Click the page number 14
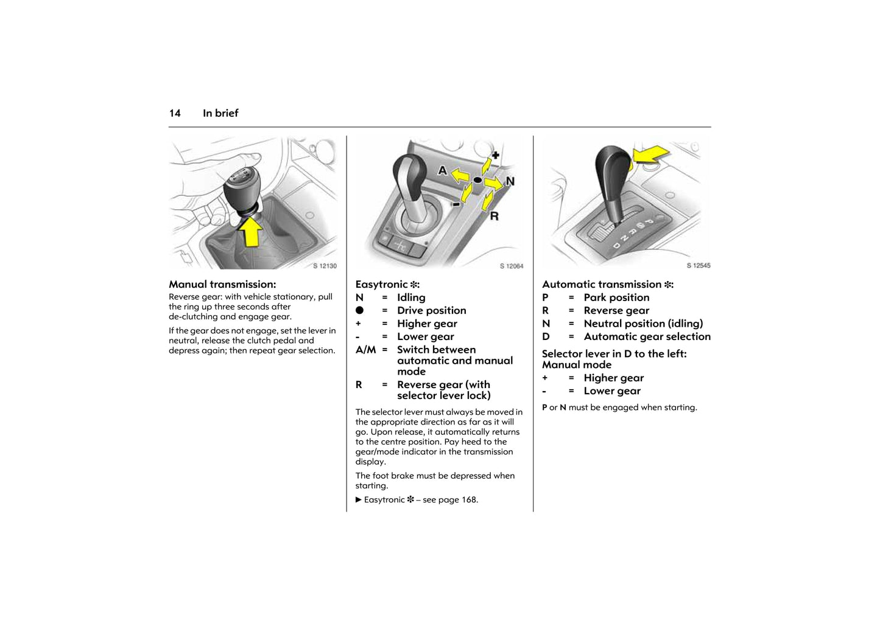[x=175, y=113]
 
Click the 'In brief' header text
[x=220, y=113]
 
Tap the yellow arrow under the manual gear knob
[x=251, y=232]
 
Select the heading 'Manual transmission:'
[x=222, y=284]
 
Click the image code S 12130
[x=325, y=266]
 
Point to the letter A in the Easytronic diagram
[x=443, y=170]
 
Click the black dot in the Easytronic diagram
[x=477, y=180]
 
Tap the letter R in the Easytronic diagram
[x=495, y=216]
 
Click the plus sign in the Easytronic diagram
[x=495, y=155]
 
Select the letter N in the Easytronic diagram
[x=510, y=181]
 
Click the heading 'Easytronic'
[x=381, y=285]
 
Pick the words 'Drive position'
[x=431, y=310]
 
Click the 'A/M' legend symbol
[x=365, y=350]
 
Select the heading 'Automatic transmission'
[x=602, y=284]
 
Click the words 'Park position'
[x=616, y=297]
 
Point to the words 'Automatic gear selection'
[x=647, y=336]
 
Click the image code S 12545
[x=699, y=266]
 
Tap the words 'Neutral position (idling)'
[x=643, y=324]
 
